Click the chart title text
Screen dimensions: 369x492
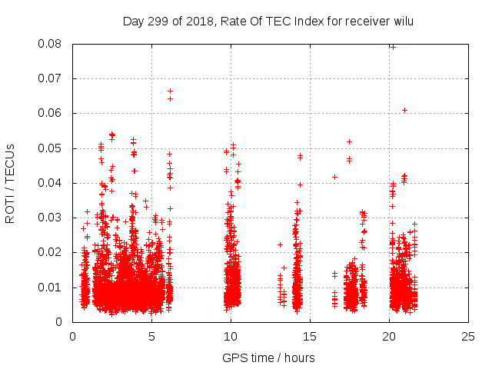point(268,21)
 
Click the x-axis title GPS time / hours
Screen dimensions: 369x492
point(268,357)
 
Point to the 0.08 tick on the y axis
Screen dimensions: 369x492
point(52,44)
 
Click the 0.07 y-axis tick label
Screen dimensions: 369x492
point(52,78)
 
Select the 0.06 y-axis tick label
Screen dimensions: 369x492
point(52,113)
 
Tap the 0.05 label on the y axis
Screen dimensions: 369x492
point(52,148)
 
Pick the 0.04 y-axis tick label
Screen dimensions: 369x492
point(52,183)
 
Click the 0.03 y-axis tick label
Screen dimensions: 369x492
point(52,218)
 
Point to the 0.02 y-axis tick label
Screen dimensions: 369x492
point(52,252)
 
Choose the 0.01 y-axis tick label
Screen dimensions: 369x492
point(52,288)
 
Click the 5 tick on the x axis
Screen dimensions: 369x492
point(151,336)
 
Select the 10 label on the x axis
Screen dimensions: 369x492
point(231,336)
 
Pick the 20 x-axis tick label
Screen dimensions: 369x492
point(389,336)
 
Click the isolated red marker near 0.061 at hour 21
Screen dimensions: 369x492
point(404,110)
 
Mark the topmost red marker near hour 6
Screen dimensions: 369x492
point(170,91)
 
